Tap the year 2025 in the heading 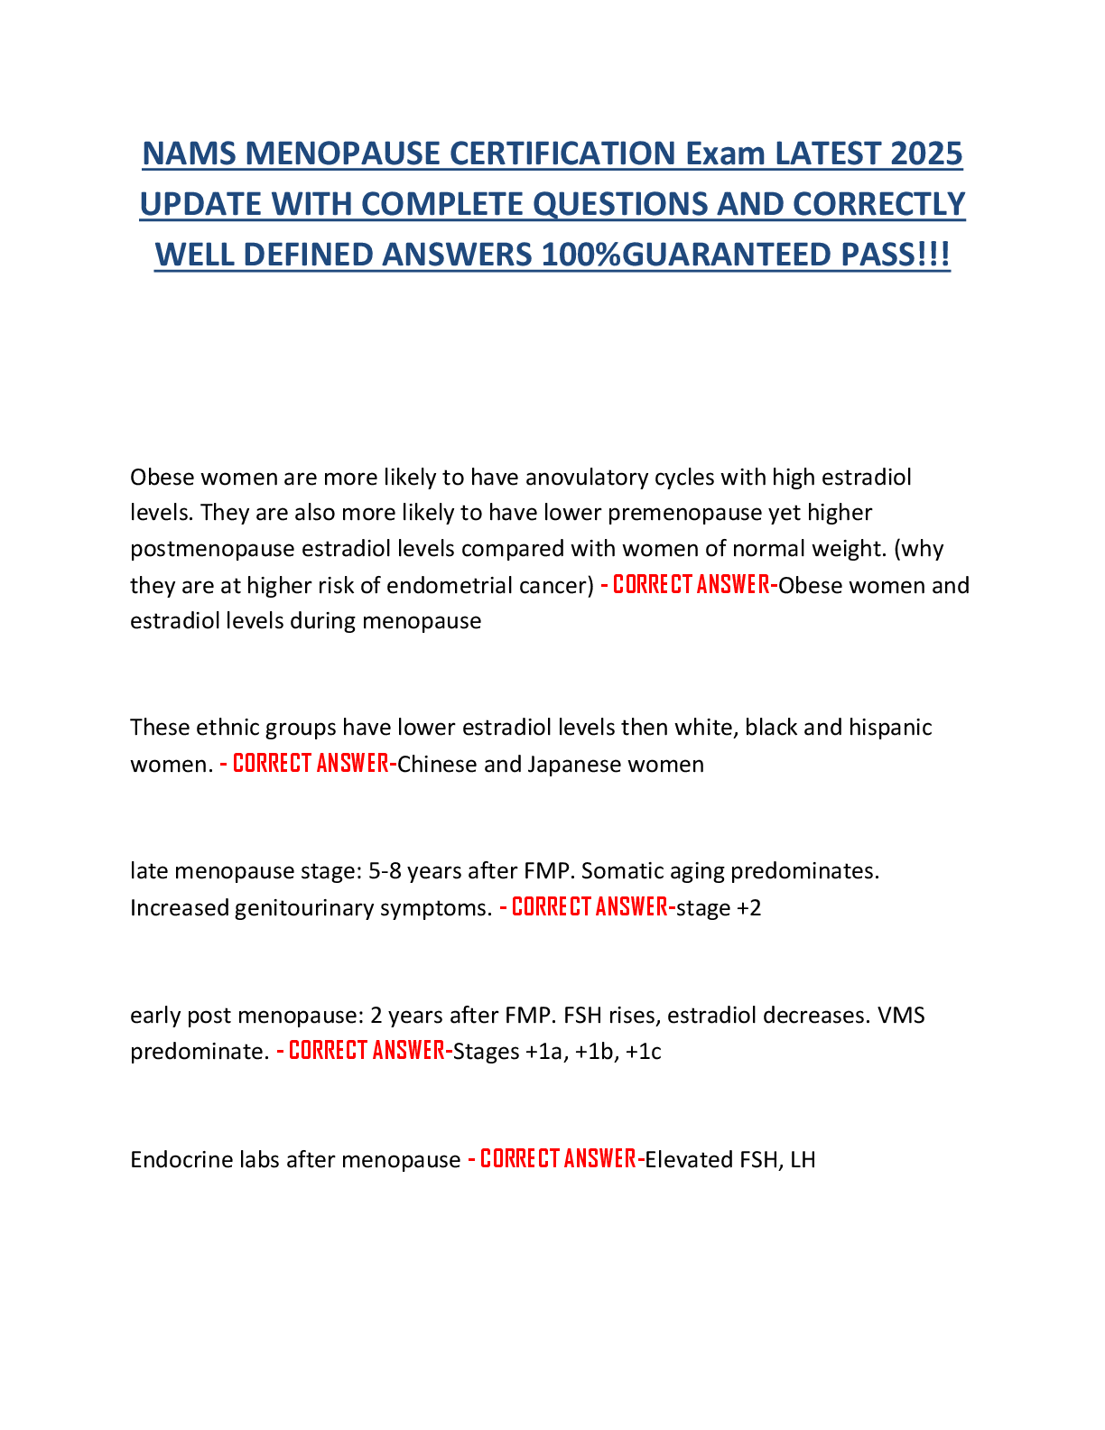pyautogui.click(x=926, y=153)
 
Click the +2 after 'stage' pyautogui.click(x=749, y=907)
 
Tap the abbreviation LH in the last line pyautogui.click(x=803, y=1159)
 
